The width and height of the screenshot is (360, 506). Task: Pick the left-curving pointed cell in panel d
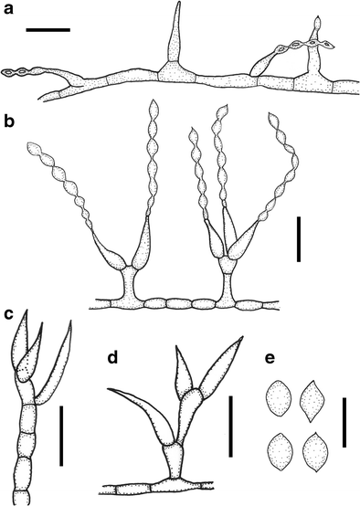point(137,411)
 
